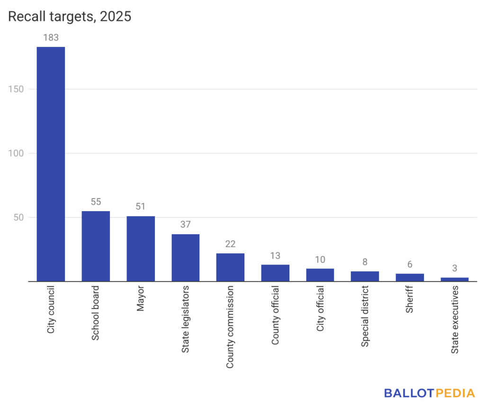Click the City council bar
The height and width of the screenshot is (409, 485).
tap(51, 164)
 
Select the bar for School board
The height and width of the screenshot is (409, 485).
tap(96, 246)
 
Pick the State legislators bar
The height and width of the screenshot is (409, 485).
tap(185, 258)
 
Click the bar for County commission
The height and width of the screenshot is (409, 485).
tap(230, 267)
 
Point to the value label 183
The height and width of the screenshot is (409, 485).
tap(51, 38)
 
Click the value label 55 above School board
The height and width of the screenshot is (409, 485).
tap(96, 202)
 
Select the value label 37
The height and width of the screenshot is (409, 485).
tap(185, 225)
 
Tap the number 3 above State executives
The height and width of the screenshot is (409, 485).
tap(455, 268)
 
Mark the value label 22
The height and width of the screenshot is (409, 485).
tap(230, 244)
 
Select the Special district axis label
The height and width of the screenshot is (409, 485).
tap(365, 316)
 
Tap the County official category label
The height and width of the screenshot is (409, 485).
tap(275, 315)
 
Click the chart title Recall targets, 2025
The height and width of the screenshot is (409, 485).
tap(70, 17)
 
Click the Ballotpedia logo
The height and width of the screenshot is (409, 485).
tap(429, 393)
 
